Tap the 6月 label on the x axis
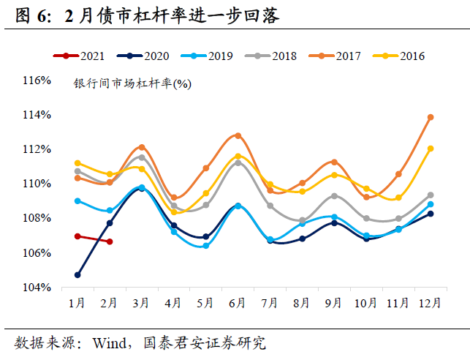click(x=238, y=302)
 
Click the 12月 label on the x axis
click(x=431, y=302)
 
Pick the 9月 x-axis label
click(x=333, y=302)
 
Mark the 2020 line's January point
click(x=77, y=275)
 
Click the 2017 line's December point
click(x=431, y=117)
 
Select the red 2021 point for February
click(x=110, y=241)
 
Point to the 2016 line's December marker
click(x=431, y=149)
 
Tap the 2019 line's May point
click(x=205, y=246)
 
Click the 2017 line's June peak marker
click(x=238, y=135)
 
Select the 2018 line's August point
click(x=302, y=220)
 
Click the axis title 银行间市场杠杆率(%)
click(x=132, y=84)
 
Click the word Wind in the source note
click(x=110, y=342)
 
